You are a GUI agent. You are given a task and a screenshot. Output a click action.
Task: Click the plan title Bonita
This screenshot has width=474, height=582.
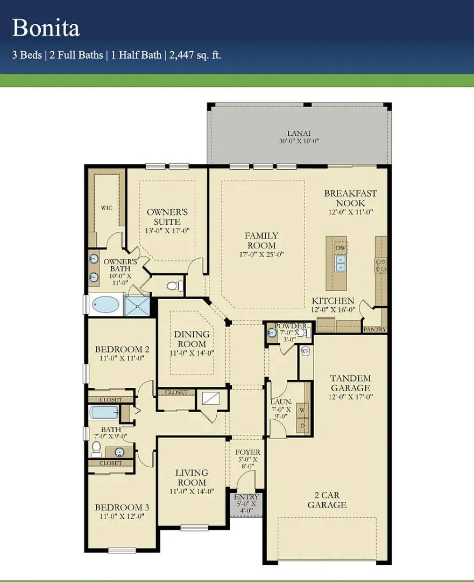click(46, 28)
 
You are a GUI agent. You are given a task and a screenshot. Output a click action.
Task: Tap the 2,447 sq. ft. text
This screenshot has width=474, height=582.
click(195, 56)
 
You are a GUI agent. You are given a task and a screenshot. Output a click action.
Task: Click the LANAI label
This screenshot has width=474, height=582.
click(299, 133)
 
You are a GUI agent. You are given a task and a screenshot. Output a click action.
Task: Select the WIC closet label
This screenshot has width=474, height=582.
click(107, 208)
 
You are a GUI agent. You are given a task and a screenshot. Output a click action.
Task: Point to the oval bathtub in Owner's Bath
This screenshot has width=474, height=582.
click(105, 305)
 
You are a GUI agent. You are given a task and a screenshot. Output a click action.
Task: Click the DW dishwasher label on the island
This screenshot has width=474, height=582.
click(341, 248)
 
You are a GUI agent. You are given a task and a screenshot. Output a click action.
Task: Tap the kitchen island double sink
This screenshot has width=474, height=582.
click(341, 263)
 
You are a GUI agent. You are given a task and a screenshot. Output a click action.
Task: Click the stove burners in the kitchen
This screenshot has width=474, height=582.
click(381, 265)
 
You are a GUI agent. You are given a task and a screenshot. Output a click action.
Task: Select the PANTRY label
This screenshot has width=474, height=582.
click(374, 329)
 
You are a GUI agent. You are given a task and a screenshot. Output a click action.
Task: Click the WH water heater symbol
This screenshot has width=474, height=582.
click(305, 351)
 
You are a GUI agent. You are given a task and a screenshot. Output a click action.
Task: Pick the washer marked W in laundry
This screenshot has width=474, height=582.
click(302, 410)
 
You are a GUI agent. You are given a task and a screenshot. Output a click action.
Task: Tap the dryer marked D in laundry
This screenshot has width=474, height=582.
click(302, 425)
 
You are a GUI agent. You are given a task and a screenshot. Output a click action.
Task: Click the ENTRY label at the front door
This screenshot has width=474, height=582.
click(246, 497)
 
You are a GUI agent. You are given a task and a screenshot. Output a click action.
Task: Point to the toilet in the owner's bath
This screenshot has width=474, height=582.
click(174, 286)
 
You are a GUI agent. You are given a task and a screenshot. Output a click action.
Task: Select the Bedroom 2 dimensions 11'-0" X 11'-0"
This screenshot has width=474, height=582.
click(122, 358)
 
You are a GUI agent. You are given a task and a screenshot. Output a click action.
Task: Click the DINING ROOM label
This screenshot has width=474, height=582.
click(192, 339)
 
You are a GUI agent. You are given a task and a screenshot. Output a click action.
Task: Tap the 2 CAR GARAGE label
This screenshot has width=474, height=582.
click(327, 500)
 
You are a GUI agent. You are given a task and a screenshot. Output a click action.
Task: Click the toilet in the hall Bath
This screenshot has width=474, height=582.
click(96, 449)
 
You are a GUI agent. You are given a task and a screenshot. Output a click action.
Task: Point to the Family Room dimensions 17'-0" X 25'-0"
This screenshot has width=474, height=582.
click(261, 254)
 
